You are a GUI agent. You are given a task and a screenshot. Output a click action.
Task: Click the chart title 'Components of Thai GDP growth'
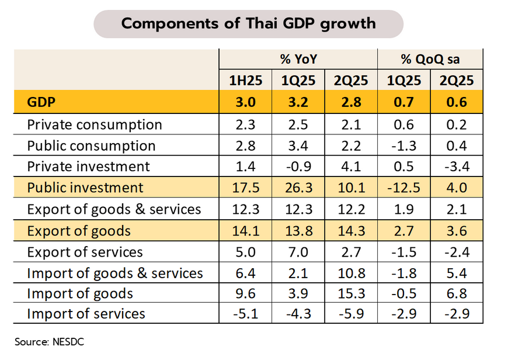coord(248,24)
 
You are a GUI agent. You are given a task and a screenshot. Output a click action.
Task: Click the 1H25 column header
coord(246,81)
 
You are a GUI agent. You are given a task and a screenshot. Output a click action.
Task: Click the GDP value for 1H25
coord(246,103)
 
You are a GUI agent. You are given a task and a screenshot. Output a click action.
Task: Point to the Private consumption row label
coord(95,124)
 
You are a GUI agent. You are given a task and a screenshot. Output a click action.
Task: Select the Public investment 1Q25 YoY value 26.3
coord(298,188)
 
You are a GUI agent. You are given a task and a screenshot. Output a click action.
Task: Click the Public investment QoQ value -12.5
coord(402,188)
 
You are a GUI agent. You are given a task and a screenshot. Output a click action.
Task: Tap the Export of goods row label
coord(79,230)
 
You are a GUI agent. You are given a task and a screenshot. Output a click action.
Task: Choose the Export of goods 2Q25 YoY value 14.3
coord(350,230)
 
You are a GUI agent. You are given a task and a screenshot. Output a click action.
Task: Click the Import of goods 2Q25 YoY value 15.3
coord(350,293)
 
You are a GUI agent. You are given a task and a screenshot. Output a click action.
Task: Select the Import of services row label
coord(86,314)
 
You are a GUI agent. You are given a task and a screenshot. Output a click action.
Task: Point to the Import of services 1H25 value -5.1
coord(246,314)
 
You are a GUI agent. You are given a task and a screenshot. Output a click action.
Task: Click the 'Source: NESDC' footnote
coord(50,342)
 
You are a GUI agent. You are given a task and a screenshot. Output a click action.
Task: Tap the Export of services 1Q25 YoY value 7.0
coord(298,252)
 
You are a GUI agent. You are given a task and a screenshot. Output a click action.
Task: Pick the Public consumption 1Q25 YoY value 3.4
coord(298,146)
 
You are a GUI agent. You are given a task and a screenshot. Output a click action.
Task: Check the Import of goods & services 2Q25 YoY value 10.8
coord(350,273)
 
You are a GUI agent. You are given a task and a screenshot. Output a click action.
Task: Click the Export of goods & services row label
coord(114,209)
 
